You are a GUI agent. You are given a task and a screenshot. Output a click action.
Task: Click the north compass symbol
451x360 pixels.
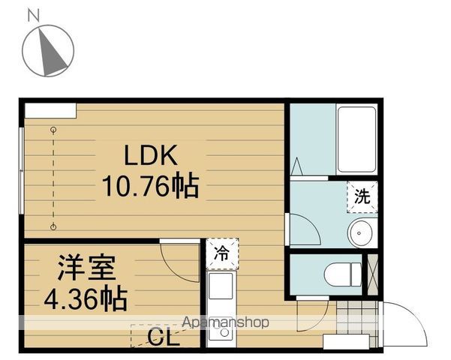click(x=48, y=49)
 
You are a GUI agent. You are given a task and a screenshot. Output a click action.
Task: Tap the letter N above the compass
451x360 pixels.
click(x=33, y=14)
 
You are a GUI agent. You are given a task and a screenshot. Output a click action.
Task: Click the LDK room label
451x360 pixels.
click(x=149, y=156)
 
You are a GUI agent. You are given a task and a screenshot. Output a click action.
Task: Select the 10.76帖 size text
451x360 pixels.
click(x=150, y=185)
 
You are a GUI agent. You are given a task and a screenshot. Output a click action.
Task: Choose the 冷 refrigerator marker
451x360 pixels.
click(x=221, y=253)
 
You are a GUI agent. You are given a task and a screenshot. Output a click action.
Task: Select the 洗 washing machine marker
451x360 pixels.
click(x=362, y=197)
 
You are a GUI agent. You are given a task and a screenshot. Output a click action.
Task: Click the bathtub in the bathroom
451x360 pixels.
click(x=356, y=140)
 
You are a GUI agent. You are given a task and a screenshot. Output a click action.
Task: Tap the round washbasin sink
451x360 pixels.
click(x=362, y=232)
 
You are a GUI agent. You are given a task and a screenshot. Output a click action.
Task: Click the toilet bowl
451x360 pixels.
click(x=341, y=274)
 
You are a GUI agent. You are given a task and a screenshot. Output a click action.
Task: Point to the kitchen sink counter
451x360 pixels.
click(x=221, y=287)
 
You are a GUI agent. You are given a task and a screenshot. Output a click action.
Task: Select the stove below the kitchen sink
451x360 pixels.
click(x=220, y=330)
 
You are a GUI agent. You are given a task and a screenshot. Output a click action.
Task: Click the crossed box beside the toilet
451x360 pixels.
click(x=371, y=274)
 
